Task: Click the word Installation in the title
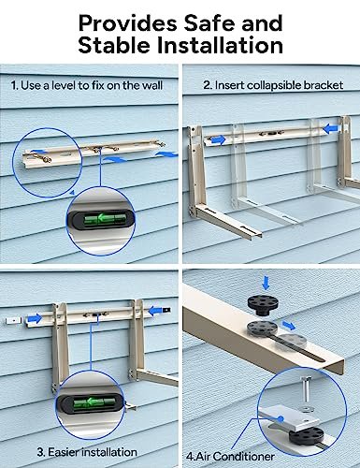tap(216, 44)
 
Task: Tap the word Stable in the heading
tap(114, 44)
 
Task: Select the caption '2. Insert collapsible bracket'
tap(272, 84)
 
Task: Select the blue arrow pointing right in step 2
tap(217, 139)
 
